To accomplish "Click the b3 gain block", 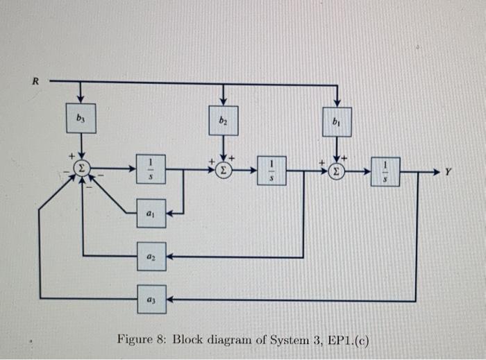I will click(x=82, y=117).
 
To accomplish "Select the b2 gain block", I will click(x=223, y=119).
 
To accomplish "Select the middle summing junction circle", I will click(x=223, y=169).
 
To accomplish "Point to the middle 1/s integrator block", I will click(x=271, y=171).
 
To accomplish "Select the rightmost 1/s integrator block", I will click(x=384, y=171).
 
